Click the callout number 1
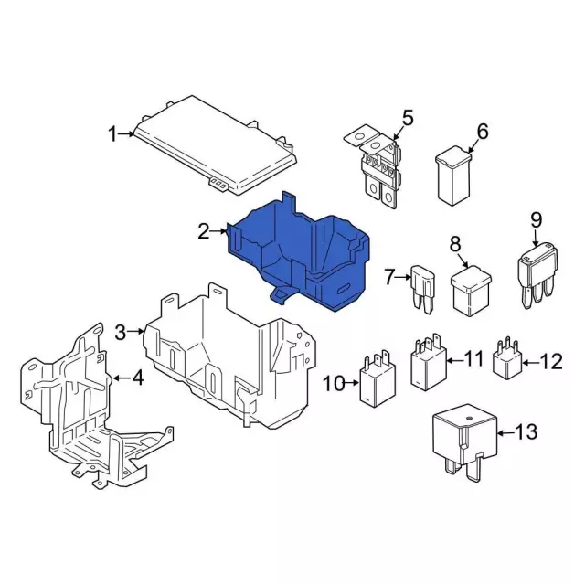[x=112, y=134]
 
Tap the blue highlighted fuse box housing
[x=299, y=254]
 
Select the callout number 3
[x=121, y=332]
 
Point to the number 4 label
[x=138, y=378]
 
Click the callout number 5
[x=408, y=118]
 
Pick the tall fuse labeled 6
[x=453, y=175]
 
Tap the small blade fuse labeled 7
[x=423, y=290]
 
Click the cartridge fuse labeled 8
[x=471, y=291]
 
